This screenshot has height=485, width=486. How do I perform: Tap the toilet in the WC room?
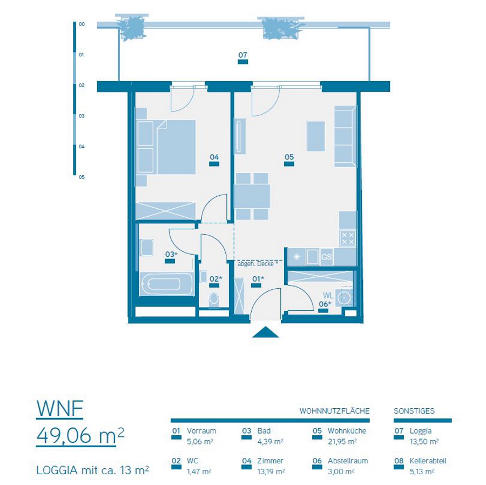point(214,298)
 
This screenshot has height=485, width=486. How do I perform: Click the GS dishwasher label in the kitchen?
point(326,257)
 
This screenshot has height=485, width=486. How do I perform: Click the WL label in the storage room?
point(328,295)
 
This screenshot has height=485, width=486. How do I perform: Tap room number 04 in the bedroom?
point(214,157)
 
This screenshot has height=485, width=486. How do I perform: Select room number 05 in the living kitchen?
point(289,157)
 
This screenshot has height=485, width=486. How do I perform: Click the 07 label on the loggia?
point(243,55)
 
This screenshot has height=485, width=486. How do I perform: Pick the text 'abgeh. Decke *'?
point(258,264)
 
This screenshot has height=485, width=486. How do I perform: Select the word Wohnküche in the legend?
point(347,431)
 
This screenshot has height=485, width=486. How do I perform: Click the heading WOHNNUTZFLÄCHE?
point(334,411)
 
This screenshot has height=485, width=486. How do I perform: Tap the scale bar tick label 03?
point(82,116)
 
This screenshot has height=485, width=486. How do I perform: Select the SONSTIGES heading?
point(414,411)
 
